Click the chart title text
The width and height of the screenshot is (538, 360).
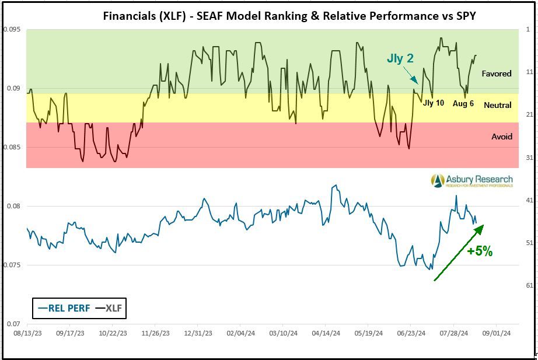click(289, 16)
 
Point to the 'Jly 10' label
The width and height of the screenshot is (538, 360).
click(434, 103)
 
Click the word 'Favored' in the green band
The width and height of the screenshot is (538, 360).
click(496, 74)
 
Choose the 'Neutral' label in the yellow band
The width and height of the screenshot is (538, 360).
click(497, 105)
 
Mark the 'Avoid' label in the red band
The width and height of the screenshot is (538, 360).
click(501, 137)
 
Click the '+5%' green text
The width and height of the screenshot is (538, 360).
click(480, 251)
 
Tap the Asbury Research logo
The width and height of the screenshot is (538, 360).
click(471, 181)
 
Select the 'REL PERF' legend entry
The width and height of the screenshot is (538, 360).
click(64, 308)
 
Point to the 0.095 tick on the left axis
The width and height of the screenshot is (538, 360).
click(12, 29)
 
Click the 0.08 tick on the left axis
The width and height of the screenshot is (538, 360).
click(15, 206)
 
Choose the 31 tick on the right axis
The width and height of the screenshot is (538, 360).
click(529, 158)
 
